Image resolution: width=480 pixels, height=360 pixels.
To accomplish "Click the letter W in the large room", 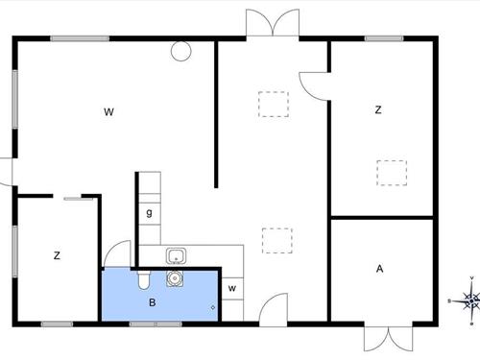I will point(109,112).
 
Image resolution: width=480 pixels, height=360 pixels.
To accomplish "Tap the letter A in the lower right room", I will point(380,269).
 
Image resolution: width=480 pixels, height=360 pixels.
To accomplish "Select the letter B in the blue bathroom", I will point(152,301).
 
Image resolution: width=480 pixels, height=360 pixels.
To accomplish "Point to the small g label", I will point(149,213).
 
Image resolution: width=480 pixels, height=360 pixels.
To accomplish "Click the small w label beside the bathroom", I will point(232,287).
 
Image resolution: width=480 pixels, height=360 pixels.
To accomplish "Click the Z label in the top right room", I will point(378,110).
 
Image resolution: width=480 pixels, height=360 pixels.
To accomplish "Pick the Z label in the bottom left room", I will point(58,255).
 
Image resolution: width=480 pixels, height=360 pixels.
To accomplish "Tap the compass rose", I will point(470,300).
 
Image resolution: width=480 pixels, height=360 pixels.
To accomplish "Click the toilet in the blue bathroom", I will point(143,279).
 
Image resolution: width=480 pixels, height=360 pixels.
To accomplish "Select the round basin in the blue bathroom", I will point(175,278).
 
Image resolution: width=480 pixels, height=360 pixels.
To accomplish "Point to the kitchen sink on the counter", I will point(176,255).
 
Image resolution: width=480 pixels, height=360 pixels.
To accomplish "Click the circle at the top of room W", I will point(179,52).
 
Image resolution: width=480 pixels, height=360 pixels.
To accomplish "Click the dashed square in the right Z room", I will point(392,172).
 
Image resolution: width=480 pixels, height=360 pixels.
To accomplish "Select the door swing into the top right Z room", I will point(314,84).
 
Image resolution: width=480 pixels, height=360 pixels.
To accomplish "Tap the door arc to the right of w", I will point(271,307).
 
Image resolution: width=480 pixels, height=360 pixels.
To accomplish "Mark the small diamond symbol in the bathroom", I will point(212,307).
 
